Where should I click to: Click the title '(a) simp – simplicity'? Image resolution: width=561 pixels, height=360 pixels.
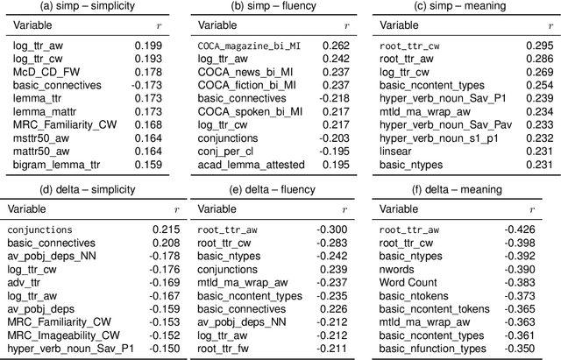click(91, 8)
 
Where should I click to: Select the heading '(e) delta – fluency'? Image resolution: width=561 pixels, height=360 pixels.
click(279, 189)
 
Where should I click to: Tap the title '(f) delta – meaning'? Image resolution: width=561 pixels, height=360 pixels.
click(465, 189)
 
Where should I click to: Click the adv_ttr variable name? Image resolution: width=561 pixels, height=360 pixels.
click(29, 283)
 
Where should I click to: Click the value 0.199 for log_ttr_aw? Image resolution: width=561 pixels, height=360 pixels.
click(150, 45)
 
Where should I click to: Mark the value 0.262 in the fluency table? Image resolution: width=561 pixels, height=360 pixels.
click(337, 45)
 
